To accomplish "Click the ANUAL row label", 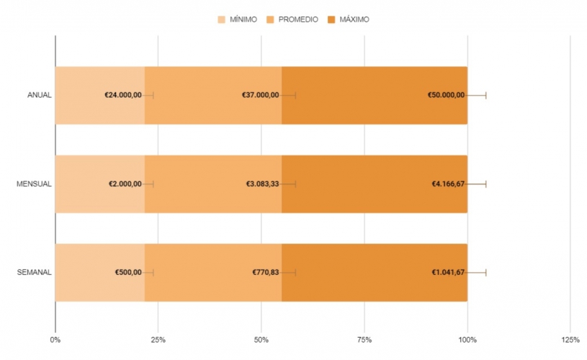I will point(39,95).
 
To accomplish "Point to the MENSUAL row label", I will point(34,184).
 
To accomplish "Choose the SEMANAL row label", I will point(34,272).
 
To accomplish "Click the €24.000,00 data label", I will point(123,95).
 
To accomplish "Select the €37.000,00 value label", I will point(261,95).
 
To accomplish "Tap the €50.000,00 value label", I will point(446,95).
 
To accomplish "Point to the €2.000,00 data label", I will point(125,184).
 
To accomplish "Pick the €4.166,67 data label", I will point(448,184).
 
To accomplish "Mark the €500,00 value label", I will point(128,272).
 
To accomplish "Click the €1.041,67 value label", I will point(448,272).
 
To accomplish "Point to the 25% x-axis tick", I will point(158,339).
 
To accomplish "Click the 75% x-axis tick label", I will point(364,339).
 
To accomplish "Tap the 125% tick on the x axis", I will point(570,339).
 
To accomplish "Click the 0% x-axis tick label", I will point(55,339).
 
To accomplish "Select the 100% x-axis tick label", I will point(467,339).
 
